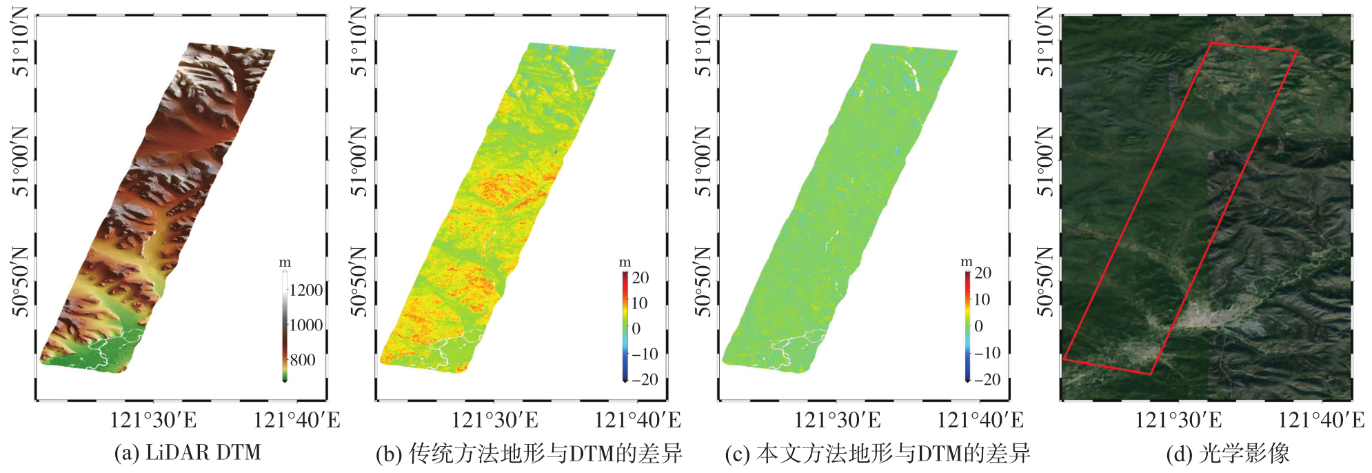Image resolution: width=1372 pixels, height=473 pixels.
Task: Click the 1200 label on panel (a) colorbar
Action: click(306, 290)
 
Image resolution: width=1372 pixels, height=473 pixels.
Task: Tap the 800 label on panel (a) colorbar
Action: click(303, 360)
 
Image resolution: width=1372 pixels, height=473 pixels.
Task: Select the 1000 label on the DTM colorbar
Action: click(306, 325)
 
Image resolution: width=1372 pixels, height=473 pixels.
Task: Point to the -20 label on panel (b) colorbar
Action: click(645, 379)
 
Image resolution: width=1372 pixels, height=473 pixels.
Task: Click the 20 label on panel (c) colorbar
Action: click(983, 273)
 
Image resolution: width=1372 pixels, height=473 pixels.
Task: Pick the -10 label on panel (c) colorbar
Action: click(987, 353)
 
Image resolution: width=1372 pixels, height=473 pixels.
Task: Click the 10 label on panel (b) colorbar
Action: click(639, 303)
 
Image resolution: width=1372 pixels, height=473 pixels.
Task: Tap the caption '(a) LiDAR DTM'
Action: click(188, 453)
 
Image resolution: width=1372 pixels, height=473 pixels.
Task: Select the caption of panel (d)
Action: click(1227, 454)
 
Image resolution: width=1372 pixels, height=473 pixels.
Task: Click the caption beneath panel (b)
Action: click(529, 454)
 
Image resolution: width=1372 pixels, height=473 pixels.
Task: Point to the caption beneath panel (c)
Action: click(878, 454)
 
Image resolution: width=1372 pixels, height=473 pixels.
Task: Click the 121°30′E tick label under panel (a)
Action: click(153, 420)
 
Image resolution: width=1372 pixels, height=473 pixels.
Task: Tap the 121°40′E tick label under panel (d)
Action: click(1322, 420)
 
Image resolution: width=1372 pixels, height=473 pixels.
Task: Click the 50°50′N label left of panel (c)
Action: click(703, 281)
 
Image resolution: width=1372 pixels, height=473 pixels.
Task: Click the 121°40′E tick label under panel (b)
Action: click(638, 420)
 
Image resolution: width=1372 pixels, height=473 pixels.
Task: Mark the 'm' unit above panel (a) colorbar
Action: click(285, 263)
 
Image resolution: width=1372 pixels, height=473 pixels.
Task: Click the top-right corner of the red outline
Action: click(1297, 50)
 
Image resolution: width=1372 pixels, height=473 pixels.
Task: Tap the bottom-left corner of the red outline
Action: click(1064, 359)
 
